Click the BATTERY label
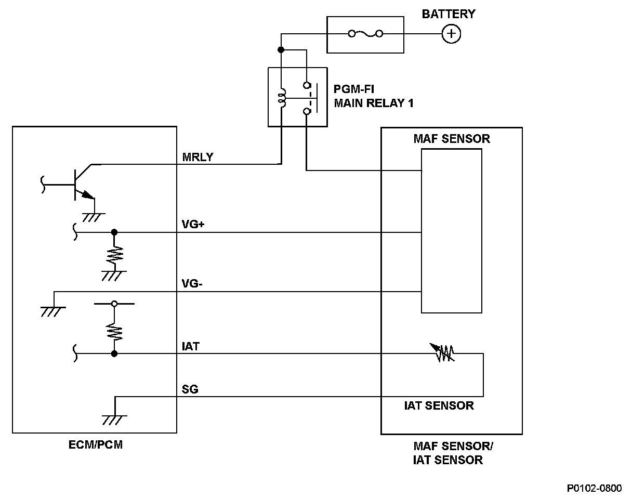point(449,14)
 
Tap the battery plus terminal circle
point(451,34)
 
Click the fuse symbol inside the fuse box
point(365,34)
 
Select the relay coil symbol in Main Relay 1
point(282,98)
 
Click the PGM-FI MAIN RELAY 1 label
point(374,96)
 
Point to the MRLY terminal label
point(197,157)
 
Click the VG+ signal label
point(193,225)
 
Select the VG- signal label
point(192,283)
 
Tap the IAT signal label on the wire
point(191,346)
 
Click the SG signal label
point(190,389)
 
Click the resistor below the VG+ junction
point(114,255)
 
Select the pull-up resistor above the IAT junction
point(114,332)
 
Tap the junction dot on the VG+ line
point(114,232)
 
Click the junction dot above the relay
point(281,50)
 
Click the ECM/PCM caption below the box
point(96,444)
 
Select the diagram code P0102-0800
point(594,488)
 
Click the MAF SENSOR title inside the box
point(452,139)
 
